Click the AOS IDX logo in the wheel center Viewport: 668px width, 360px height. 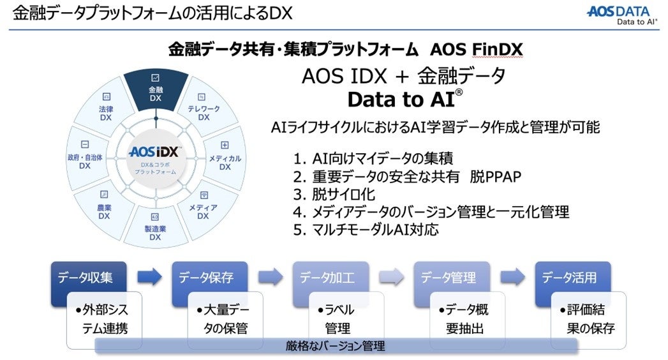(155, 153)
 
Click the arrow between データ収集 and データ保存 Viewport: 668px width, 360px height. (150, 276)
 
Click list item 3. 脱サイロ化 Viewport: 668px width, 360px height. (334, 194)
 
